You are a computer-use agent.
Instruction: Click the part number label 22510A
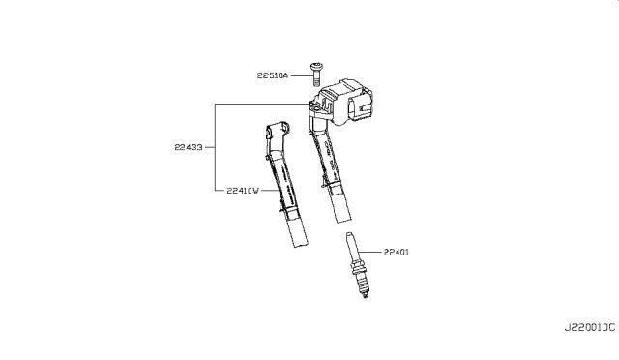273,75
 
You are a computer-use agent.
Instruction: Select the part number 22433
189,147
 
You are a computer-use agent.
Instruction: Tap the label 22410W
243,190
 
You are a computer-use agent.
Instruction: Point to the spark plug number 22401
397,252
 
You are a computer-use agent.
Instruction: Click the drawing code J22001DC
589,327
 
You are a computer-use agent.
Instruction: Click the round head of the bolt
315,66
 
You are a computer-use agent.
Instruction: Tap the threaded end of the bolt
316,81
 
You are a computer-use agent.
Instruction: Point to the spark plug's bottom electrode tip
366,295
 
